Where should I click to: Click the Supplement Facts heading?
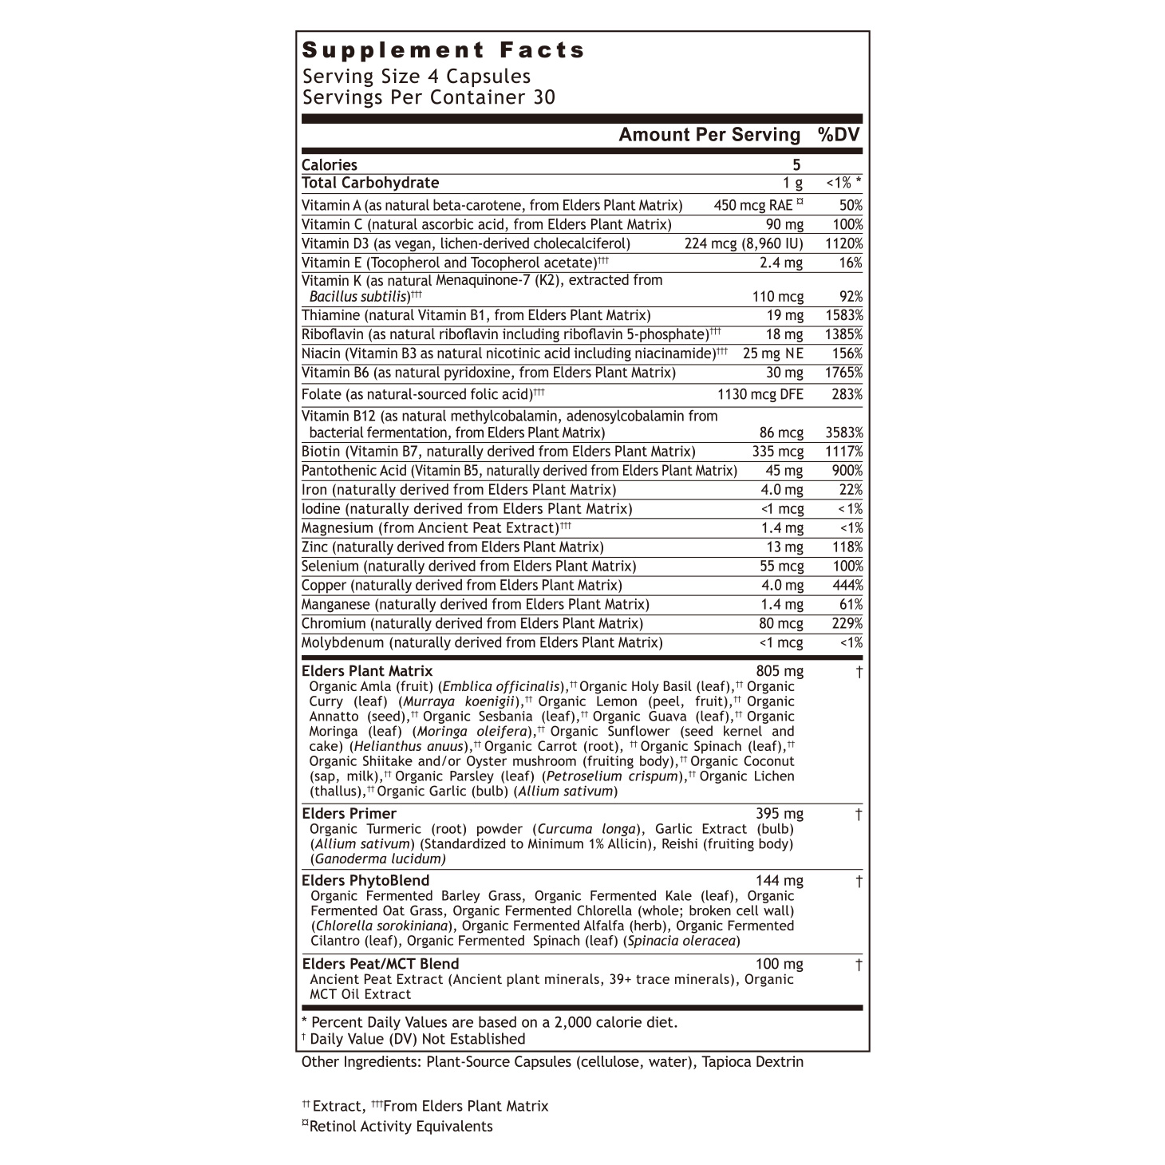pyautogui.click(x=444, y=50)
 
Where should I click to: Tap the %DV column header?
pyautogui.click(x=839, y=135)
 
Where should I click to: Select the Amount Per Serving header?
pyautogui.click(x=709, y=135)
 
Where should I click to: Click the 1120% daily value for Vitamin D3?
pyautogui.click(x=844, y=244)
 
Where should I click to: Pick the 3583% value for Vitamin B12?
pyautogui.click(x=844, y=433)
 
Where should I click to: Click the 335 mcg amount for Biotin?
pyautogui.click(x=778, y=452)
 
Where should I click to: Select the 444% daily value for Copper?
pyautogui.click(x=847, y=586)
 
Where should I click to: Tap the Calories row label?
pyautogui.click(x=330, y=165)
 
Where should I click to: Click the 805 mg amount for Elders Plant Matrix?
pyautogui.click(x=780, y=671)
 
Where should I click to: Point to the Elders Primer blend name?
pyautogui.click(x=349, y=814)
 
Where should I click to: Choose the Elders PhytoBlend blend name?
pyautogui.click(x=365, y=881)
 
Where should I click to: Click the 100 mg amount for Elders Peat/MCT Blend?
pyautogui.click(x=780, y=965)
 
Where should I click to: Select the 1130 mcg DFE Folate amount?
pyautogui.click(x=760, y=394)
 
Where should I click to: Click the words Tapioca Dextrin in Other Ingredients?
pyautogui.click(x=752, y=1062)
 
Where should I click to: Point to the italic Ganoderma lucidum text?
pyautogui.click(x=378, y=859)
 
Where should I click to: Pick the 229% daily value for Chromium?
pyautogui.click(x=847, y=624)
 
